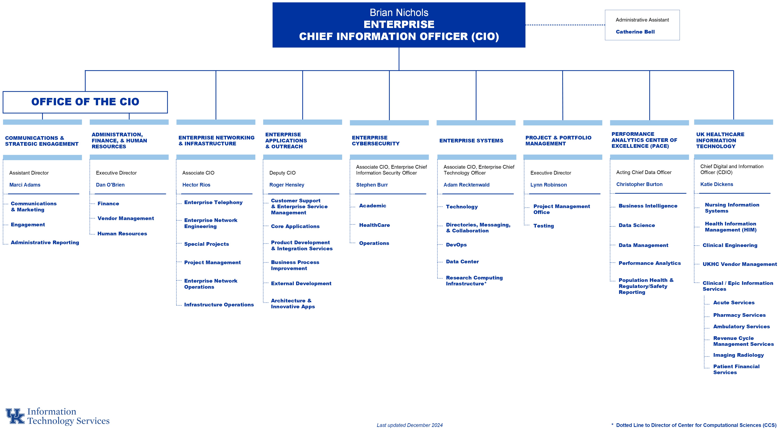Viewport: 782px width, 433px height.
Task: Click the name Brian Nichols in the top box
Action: click(399, 13)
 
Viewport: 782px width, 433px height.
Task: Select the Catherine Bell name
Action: click(635, 32)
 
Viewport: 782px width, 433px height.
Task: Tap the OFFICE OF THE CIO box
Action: click(85, 102)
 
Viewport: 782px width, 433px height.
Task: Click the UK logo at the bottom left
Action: click(15, 416)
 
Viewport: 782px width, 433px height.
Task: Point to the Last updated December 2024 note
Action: click(409, 425)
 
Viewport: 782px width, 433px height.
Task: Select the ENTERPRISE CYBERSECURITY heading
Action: click(376, 141)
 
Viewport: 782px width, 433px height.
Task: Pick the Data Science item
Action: click(637, 225)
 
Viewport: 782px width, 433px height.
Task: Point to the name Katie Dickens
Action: click(716, 184)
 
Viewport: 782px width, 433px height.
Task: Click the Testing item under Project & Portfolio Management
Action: click(543, 226)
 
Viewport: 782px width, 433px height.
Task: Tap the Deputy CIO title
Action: click(282, 173)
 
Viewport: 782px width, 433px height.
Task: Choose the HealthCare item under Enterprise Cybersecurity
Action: click(374, 225)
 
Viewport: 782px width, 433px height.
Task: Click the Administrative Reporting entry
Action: click(45, 243)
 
